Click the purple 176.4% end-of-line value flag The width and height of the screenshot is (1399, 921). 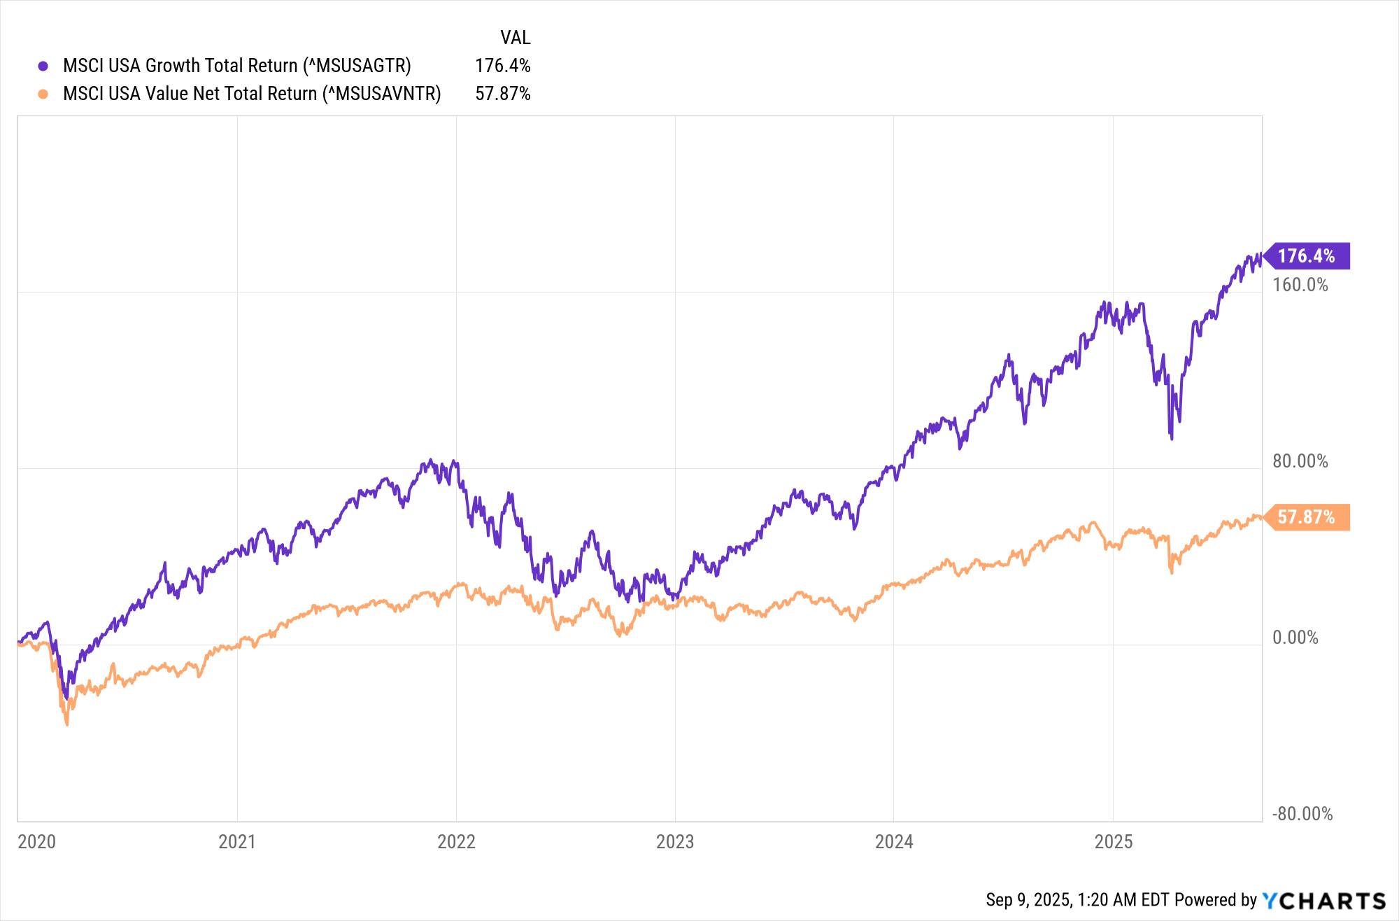[1306, 256]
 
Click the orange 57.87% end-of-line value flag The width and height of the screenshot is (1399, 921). [1306, 517]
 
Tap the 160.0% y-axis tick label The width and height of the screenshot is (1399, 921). [1300, 285]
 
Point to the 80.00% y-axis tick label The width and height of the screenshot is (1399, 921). [1300, 461]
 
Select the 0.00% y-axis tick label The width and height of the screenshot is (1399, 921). [1295, 638]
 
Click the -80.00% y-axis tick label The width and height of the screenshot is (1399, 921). [1302, 814]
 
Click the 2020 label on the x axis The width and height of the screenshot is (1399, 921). [36, 841]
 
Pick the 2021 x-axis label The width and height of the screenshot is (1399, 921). [237, 841]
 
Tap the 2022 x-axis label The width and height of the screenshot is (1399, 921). [456, 841]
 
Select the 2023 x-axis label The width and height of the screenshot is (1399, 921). [675, 841]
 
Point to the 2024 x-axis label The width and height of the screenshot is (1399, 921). [894, 841]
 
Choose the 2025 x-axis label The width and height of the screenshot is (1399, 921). [1113, 841]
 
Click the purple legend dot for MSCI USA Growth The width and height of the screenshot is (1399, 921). [43, 66]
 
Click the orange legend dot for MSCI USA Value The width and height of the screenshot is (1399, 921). [43, 94]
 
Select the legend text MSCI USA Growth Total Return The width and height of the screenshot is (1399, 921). [236, 66]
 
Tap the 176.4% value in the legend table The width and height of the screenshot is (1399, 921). [502, 66]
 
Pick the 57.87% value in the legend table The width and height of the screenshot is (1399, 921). [502, 94]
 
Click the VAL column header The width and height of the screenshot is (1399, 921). [515, 37]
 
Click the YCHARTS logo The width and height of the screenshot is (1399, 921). [1323, 900]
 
